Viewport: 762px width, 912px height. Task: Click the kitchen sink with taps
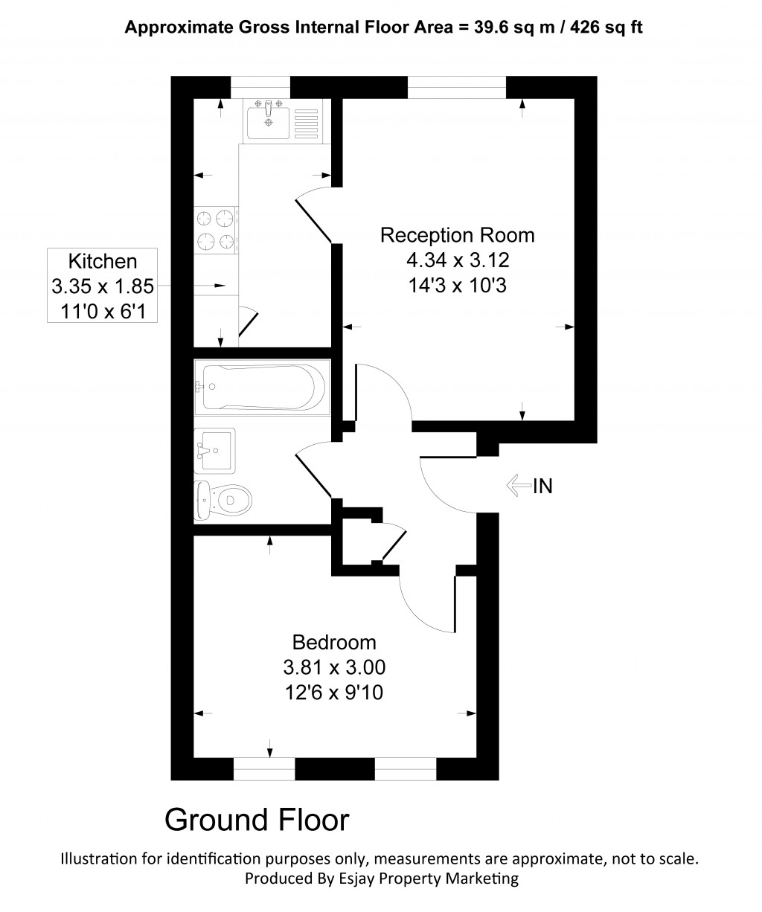click(x=269, y=120)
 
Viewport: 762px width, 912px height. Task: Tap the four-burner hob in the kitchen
click(x=216, y=230)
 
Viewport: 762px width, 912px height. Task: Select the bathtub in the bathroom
click(x=260, y=387)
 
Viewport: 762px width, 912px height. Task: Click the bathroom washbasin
click(x=214, y=451)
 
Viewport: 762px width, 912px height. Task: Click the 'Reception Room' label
click(x=457, y=236)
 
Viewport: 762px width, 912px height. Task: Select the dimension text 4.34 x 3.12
click(x=457, y=260)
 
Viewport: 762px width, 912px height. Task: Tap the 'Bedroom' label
click(x=334, y=642)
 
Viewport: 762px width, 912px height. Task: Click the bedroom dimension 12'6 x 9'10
click(x=334, y=693)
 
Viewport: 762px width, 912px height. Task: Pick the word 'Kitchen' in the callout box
click(x=103, y=261)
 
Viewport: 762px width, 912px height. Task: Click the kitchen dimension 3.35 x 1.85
click(x=103, y=286)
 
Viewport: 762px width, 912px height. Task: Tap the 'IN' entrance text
click(x=542, y=486)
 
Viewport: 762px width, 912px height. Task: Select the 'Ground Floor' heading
click(x=256, y=820)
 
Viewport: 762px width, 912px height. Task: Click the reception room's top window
click(x=456, y=87)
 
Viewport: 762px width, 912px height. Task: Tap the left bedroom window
click(x=263, y=769)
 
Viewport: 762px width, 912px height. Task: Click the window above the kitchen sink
click(x=260, y=87)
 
